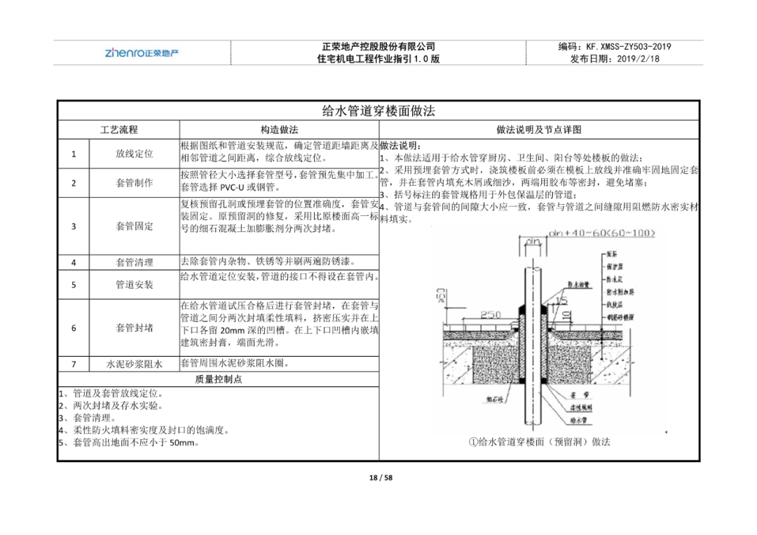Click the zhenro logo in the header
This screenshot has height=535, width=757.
click(142, 53)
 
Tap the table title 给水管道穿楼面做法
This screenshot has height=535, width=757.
click(378, 111)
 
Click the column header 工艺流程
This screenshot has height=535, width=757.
click(118, 130)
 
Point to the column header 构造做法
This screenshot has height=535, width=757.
click(279, 130)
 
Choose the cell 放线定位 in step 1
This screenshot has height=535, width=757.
click(135, 154)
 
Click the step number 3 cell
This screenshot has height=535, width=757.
click(74, 226)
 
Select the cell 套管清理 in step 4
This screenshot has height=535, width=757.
click(135, 262)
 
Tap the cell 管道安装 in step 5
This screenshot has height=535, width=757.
click(135, 285)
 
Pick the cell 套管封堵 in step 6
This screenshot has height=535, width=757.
click(135, 327)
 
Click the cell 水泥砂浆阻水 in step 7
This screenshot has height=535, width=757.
click(135, 364)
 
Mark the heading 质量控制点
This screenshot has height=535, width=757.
click(218, 379)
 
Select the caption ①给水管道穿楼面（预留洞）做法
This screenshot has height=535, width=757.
click(539, 442)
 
